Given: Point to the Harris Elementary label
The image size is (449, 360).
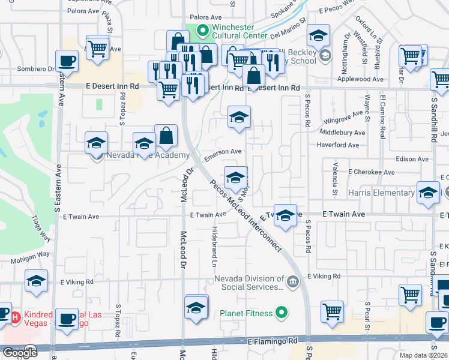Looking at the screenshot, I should click(x=381, y=193).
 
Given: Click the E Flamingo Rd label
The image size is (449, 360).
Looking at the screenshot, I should click(x=273, y=341).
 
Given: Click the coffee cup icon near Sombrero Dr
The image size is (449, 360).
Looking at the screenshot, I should click(x=67, y=61).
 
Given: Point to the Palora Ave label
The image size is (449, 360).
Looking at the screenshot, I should click(x=202, y=17).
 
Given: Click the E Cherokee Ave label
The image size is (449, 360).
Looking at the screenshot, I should click(x=372, y=172).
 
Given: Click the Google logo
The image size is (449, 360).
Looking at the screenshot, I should click(x=20, y=353).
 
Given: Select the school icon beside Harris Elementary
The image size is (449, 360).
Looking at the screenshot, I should click(x=428, y=193).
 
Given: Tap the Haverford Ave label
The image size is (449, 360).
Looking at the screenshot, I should click(x=338, y=145).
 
